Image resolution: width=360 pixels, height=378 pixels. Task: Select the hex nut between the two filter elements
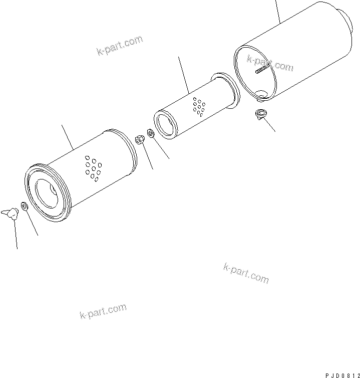[141, 140]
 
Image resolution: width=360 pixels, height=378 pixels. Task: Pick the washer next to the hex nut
[149, 134]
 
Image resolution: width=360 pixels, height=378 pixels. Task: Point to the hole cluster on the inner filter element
[199, 106]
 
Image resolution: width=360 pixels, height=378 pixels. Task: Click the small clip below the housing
[260, 114]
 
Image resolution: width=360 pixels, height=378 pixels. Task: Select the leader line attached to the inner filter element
[183, 75]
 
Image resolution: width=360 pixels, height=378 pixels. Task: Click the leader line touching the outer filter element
[68, 137]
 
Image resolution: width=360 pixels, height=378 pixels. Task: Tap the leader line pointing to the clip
[270, 126]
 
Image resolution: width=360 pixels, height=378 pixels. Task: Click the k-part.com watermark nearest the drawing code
[246, 273]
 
